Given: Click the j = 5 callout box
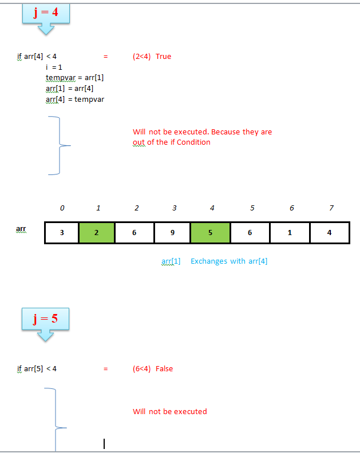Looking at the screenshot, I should [46, 319].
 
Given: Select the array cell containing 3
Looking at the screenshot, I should [61, 233].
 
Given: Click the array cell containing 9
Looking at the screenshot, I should [173, 233].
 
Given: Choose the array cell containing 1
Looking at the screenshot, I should [290, 233].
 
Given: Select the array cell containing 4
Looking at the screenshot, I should [329, 233].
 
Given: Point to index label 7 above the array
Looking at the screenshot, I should [331, 208].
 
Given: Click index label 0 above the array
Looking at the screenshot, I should [62, 208].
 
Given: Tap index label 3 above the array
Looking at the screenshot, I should [174, 208].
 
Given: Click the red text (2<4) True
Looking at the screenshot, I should [152, 57].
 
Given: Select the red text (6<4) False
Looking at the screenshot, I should [152, 369].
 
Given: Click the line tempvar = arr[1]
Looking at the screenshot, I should [74, 78].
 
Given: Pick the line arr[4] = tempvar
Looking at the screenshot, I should [74, 100].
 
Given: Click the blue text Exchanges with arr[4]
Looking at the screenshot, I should [229, 261].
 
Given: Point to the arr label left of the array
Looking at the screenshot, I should [21, 229].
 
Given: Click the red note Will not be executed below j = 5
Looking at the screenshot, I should [170, 412].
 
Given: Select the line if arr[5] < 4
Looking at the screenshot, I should [37, 369].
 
